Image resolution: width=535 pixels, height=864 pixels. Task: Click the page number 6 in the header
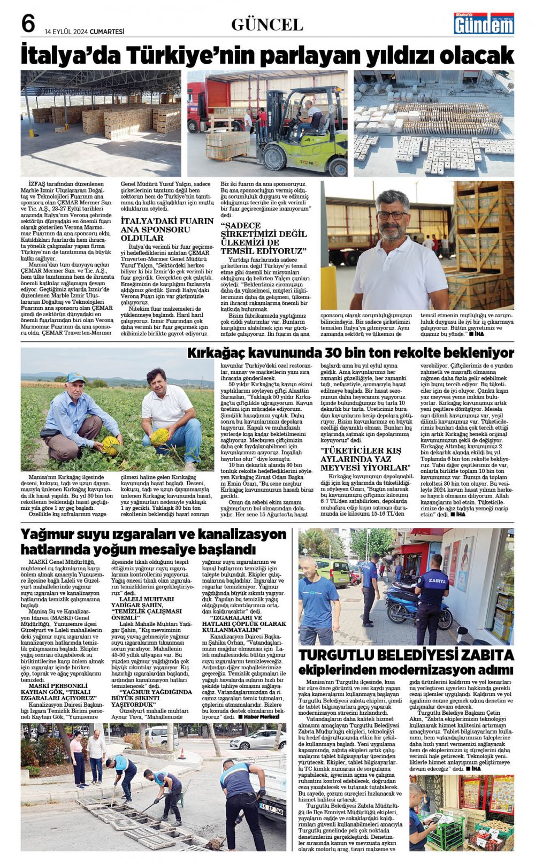coord(28,24)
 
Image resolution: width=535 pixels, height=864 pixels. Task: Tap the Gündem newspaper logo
coord(484,24)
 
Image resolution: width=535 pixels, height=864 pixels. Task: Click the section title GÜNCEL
coord(267,25)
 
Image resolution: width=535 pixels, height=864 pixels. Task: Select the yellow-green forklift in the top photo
coord(300,134)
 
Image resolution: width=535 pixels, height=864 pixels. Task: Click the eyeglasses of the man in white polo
coord(392,215)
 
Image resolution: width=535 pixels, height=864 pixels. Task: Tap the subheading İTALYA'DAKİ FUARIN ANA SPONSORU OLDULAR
coord(167,229)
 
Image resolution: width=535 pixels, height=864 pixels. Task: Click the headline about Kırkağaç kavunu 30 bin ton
coord(350,353)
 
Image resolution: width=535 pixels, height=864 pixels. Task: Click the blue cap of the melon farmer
coord(75,378)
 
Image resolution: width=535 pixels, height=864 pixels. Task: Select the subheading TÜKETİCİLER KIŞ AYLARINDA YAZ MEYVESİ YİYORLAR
coord(364,459)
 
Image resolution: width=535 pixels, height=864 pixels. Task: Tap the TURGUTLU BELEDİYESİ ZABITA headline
coord(406,655)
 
